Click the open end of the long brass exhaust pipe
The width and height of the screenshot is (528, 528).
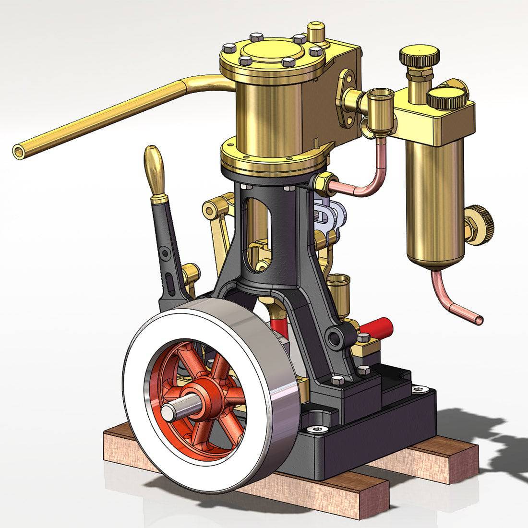click(19, 151)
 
